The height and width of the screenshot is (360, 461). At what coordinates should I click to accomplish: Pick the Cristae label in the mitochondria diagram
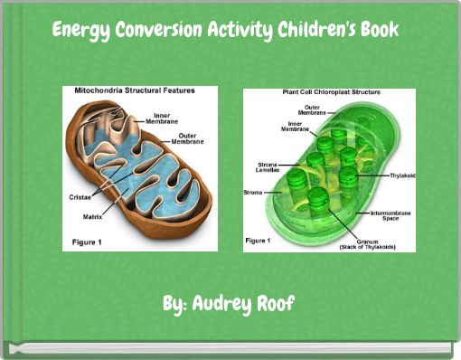[x=79, y=196]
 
